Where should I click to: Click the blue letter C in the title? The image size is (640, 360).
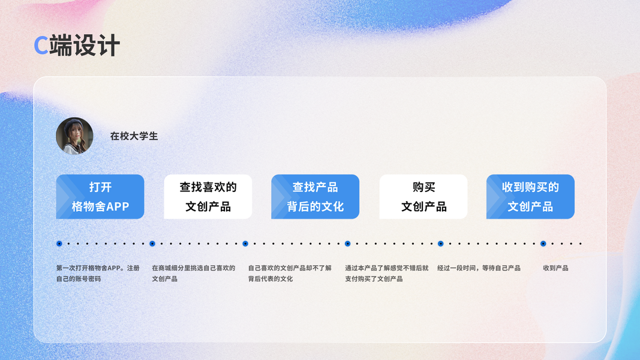point(41,46)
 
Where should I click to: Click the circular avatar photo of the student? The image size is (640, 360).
point(74,136)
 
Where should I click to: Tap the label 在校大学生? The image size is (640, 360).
point(134,136)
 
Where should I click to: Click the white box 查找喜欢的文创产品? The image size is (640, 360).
point(208,197)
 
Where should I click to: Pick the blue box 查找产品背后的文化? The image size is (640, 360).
point(315,197)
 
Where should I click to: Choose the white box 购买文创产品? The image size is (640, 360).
point(423,197)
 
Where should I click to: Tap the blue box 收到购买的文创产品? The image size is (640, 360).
point(530,197)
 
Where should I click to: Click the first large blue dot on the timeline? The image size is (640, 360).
point(59,244)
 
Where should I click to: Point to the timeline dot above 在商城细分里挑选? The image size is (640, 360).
point(152,244)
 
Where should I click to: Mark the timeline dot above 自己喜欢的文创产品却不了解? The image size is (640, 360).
point(245,244)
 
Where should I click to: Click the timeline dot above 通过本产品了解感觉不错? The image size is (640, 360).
point(347,244)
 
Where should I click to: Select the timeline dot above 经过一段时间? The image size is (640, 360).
point(440,244)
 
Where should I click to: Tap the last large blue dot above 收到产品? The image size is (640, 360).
point(543,244)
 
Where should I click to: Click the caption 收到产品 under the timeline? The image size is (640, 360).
point(555,268)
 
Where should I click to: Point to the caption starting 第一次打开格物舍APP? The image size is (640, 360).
point(98,268)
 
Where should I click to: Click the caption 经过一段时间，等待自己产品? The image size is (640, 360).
point(479,268)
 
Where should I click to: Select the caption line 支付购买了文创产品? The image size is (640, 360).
point(374,279)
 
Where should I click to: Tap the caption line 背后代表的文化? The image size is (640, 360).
point(271,279)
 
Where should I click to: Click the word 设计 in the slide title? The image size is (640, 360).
point(97,46)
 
